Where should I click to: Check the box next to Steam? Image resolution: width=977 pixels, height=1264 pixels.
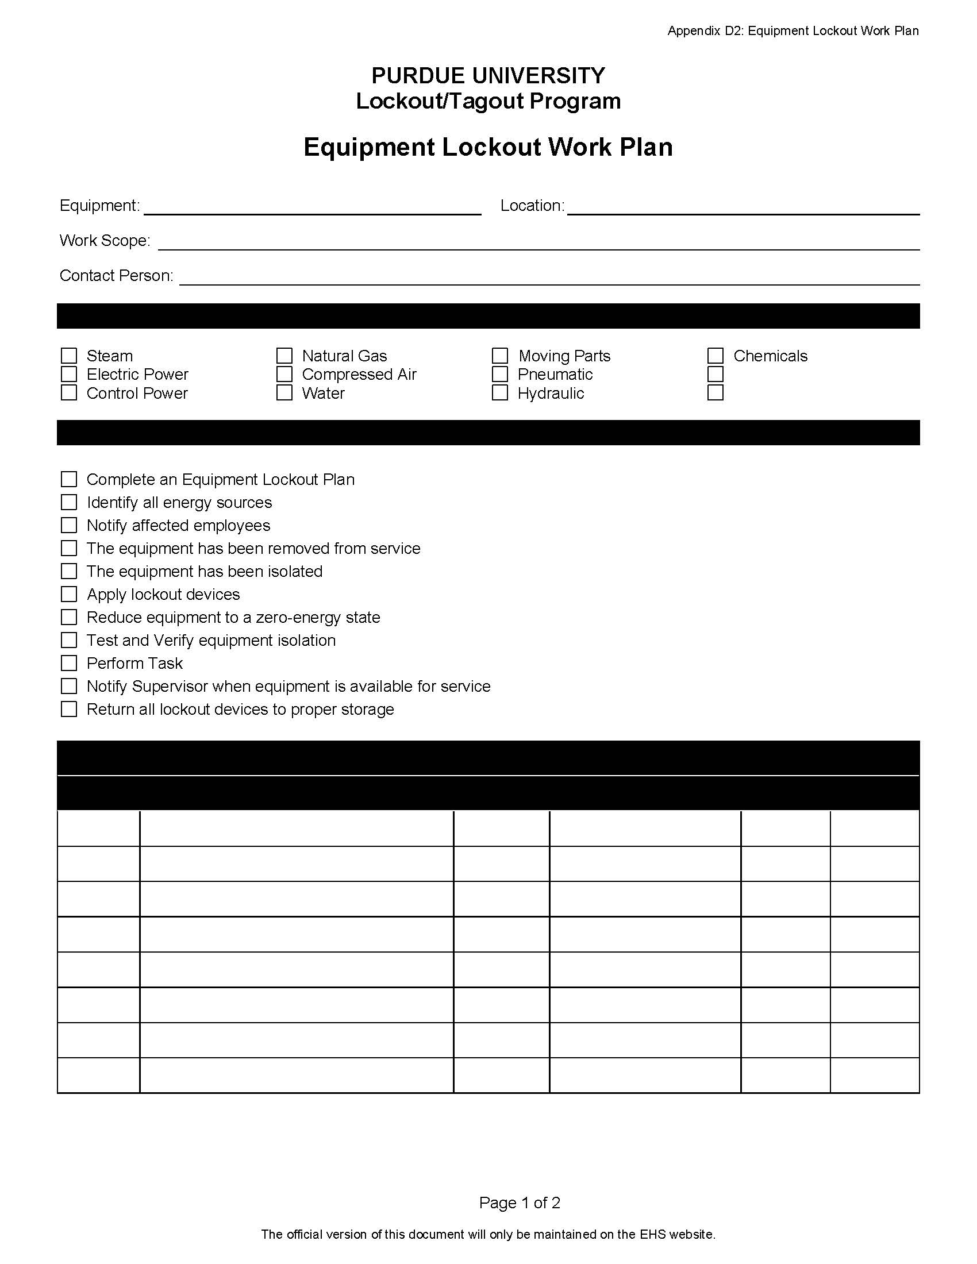coord(69,355)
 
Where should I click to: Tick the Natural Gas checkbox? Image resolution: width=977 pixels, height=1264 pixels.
coord(284,355)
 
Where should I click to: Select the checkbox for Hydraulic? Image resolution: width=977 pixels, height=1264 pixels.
coord(499,393)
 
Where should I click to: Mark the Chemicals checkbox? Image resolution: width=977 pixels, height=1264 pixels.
coord(716,355)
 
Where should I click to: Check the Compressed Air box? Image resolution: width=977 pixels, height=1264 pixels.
coord(284,375)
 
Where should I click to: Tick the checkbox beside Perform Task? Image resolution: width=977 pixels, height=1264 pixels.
coord(69,662)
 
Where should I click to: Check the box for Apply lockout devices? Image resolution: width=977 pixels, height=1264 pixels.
coord(69,594)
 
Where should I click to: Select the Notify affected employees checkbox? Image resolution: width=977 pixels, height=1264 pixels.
coord(69,525)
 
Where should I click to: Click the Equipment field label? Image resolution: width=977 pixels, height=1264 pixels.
coord(99,206)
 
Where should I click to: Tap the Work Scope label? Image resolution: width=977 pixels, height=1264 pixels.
coord(105,240)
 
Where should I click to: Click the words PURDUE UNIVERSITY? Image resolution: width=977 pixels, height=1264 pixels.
coord(488,75)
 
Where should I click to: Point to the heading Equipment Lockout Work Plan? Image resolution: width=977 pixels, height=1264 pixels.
coord(488,147)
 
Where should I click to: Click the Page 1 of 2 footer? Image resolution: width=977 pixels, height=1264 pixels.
coord(519,1203)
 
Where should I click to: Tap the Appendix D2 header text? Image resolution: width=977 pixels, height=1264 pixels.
coord(793,30)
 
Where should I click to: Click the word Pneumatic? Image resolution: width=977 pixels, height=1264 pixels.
coord(555,375)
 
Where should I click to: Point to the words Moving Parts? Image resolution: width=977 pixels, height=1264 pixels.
coord(564,355)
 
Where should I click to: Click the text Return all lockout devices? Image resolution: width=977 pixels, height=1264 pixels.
coord(240,709)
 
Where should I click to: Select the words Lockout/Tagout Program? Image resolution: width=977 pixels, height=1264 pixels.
coord(488,101)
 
